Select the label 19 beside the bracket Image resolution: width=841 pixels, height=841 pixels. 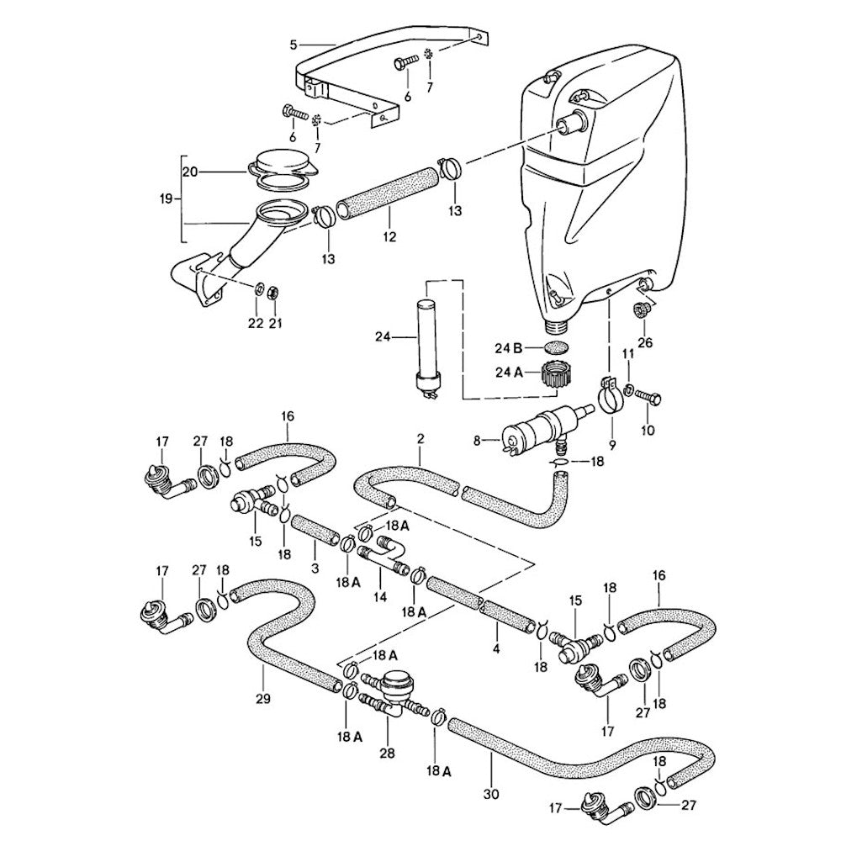[166, 199]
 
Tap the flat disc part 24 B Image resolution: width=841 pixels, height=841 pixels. [554, 347]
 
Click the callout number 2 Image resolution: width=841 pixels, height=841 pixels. [420, 439]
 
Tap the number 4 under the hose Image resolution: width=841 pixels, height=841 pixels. [497, 649]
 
